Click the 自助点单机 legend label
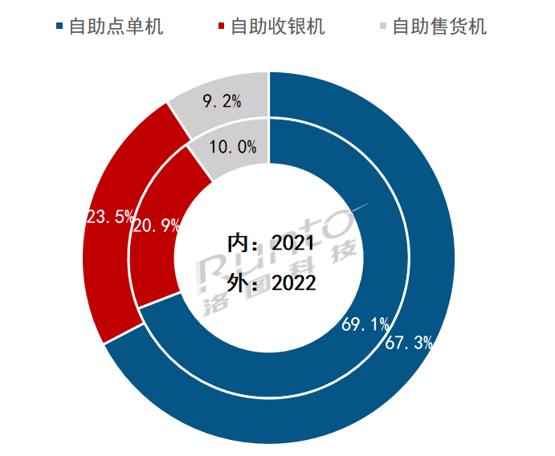(x=116, y=27)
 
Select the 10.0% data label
(x=232, y=148)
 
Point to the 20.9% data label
(x=156, y=226)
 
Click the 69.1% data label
(x=365, y=325)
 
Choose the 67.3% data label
(x=409, y=344)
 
